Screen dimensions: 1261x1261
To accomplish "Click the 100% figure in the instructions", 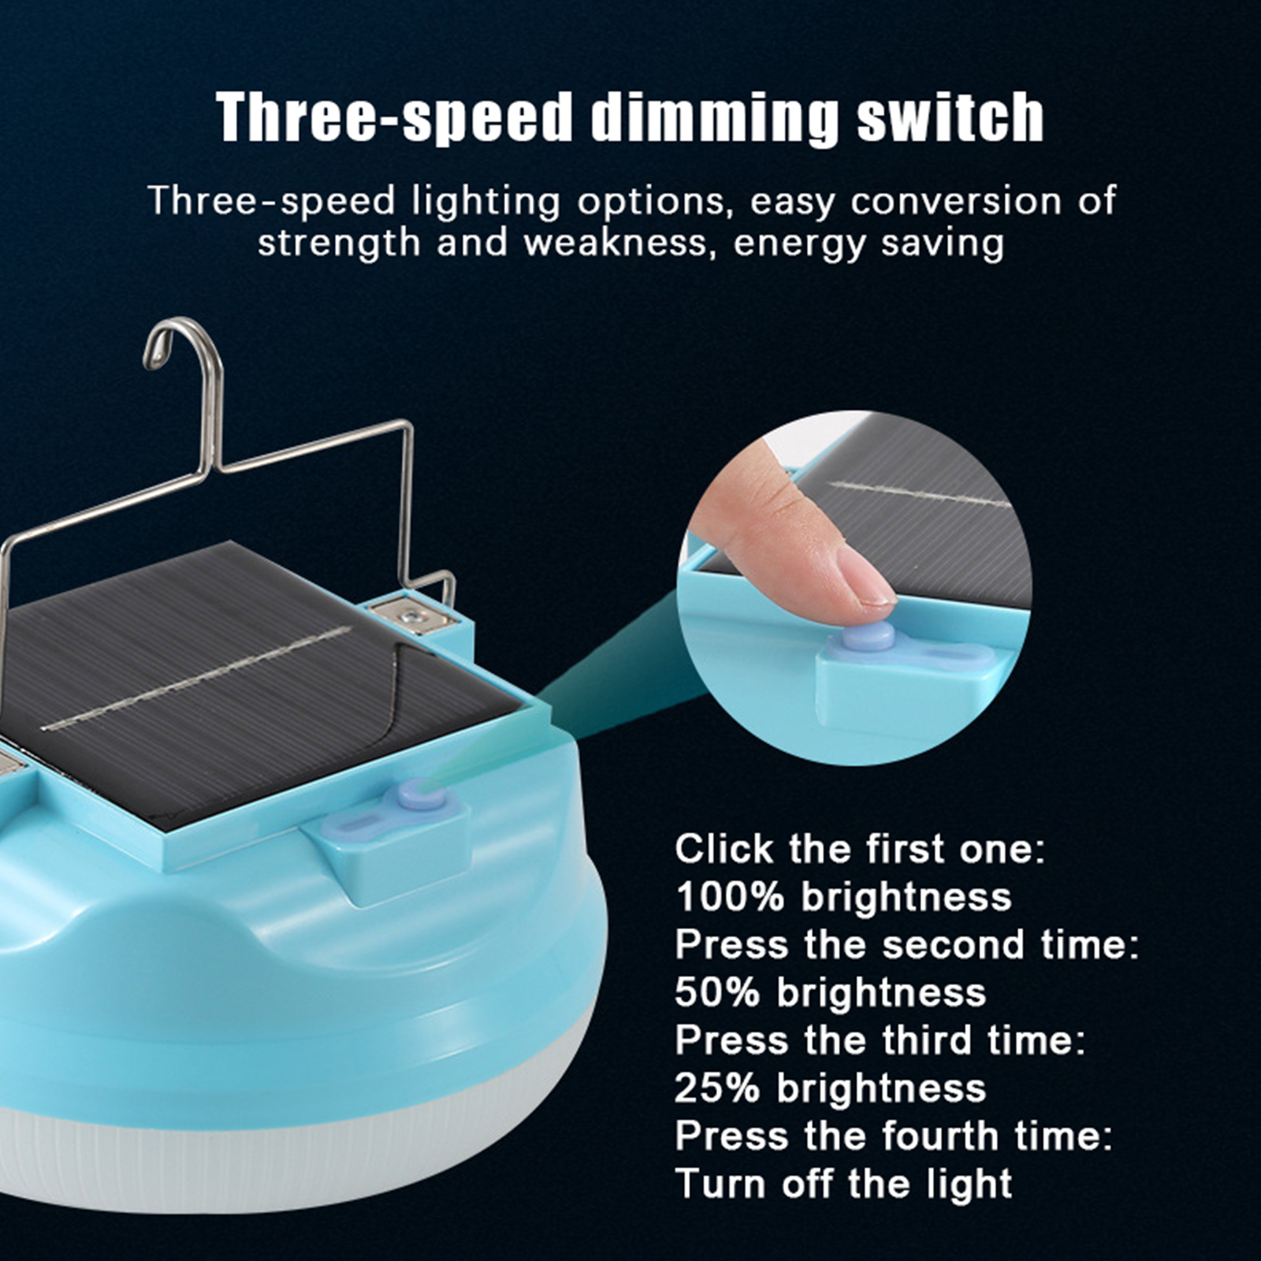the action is pyautogui.click(x=731, y=897).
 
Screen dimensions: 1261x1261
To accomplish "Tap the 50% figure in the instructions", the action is pyautogui.click(x=717, y=992).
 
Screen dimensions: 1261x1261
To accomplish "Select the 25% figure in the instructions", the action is pyautogui.click(x=717, y=1088).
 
